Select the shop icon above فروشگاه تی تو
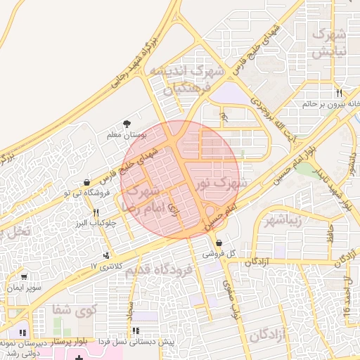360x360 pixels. [86, 182]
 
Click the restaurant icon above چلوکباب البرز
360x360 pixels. [96, 212]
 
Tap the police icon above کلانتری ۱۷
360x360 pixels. [106, 255]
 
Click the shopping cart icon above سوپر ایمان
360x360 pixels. [25, 277]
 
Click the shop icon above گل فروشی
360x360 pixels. [219, 243]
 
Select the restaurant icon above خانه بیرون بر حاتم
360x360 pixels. [338, 93]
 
